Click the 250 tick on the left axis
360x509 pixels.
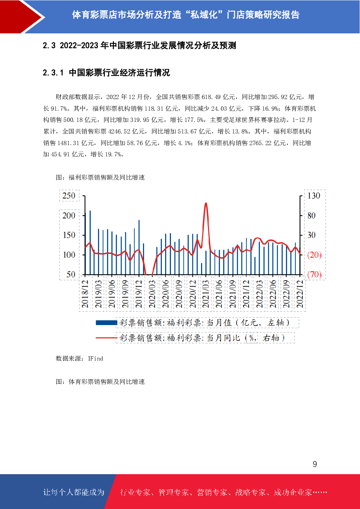[x=69, y=196]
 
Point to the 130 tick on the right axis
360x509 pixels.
[x=314, y=196]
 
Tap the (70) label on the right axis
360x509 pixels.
[x=314, y=274]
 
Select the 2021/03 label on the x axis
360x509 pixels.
[x=206, y=294]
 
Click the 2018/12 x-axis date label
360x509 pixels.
[x=85, y=294]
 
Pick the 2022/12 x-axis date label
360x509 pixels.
[x=300, y=294]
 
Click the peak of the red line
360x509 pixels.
[x=206, y=204]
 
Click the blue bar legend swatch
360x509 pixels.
[x=106, y=323]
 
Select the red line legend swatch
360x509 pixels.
[x=106, y=338]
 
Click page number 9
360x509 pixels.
[x=315, y=464]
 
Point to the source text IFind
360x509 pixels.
[x=95, y=358]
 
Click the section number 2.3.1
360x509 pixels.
[x=53, y=73]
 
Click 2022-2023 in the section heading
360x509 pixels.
[x=79, y=46]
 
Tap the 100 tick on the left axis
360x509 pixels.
[x=69, y=255]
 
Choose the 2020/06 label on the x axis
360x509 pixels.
[x=165, y=294]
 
